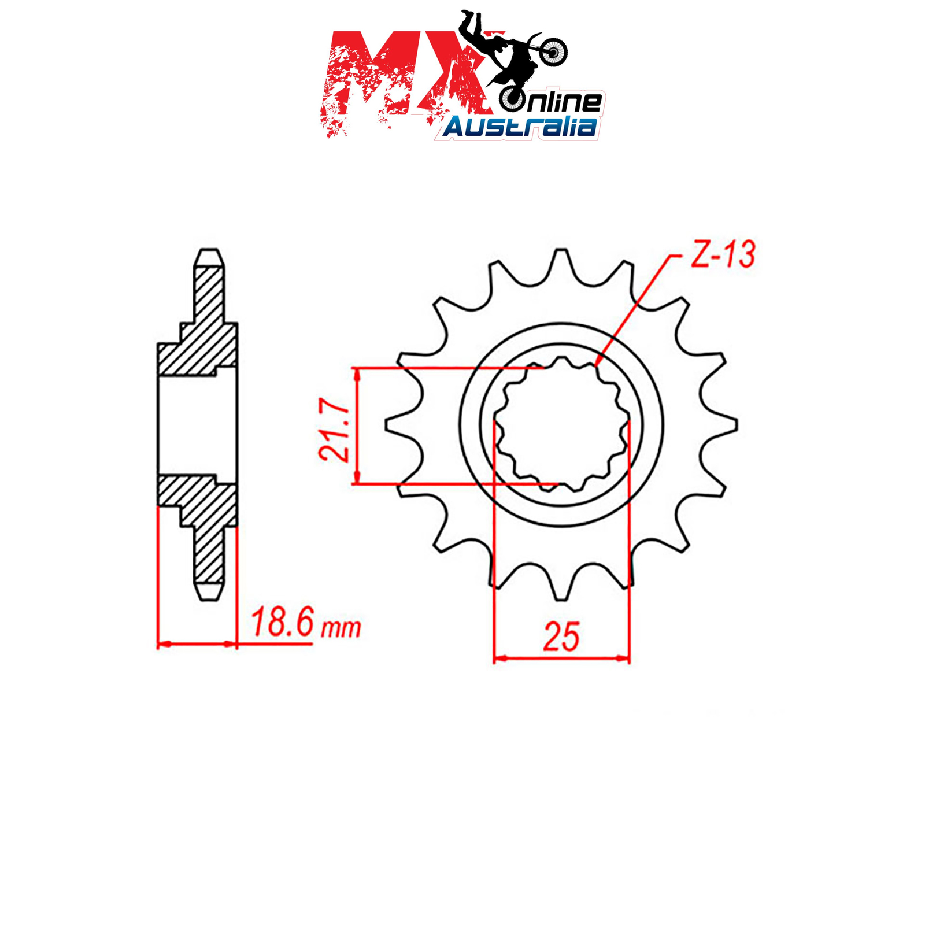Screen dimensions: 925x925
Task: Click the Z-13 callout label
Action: tap(723, 254)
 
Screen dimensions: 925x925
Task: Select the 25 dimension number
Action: tap(561, 637)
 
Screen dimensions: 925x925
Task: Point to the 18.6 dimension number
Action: tap(282, 623)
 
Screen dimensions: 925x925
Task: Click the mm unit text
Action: tap(342, 628)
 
